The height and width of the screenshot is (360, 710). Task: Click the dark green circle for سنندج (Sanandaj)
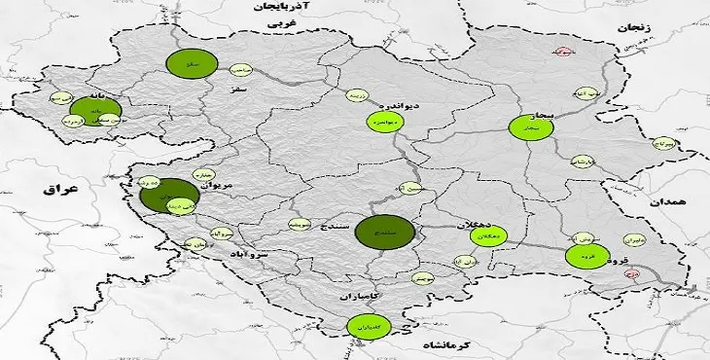[x=384, y=232]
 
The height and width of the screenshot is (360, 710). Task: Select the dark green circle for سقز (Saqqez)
[x=189, y=62]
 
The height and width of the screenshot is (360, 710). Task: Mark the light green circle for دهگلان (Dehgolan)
[x=489, y=236]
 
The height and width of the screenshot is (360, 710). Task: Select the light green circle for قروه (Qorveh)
[x=586, y=257]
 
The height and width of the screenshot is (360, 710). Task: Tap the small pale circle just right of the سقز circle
[x=239, y=69]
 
